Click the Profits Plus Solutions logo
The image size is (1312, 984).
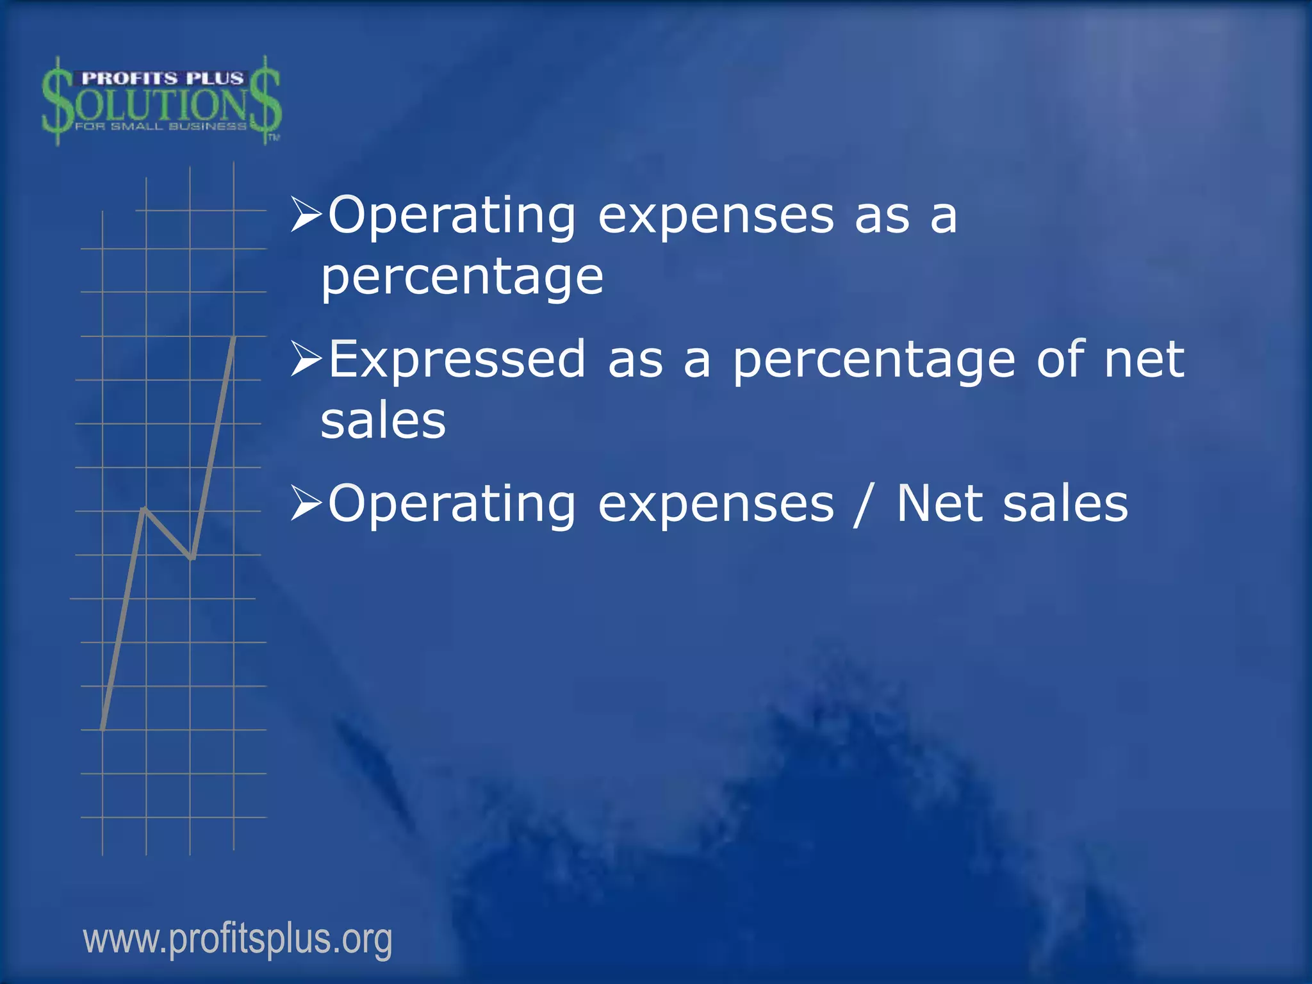161,101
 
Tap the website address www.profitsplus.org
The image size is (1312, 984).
238,939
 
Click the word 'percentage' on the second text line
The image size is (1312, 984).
462,278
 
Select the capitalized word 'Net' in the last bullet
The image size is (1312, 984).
939,504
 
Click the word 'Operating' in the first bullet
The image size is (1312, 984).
452,217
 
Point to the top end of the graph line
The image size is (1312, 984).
234,338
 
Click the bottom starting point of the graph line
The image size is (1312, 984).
103,728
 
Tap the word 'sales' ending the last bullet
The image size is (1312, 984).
1065,504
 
